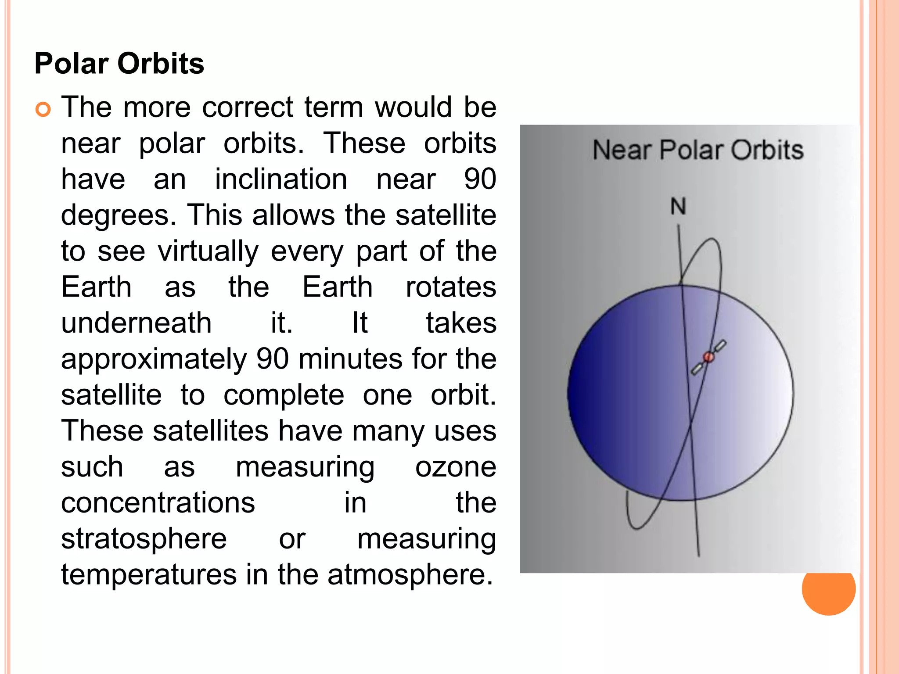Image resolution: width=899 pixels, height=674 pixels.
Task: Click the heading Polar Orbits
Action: tap(119, 64)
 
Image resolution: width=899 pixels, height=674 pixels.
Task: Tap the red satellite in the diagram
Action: tap(708, 357)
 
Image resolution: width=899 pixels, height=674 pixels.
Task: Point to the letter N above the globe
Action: tap(678, 206)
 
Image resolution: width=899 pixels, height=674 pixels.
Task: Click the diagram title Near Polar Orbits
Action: tap(698, 150)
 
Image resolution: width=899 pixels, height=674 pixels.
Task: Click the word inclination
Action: tap(281, 179)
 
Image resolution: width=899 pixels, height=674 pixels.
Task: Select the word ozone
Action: tap(455, 467)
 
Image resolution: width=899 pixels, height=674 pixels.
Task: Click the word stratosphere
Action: tap(144, 539)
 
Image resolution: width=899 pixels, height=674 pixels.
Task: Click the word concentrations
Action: tap(158, 503)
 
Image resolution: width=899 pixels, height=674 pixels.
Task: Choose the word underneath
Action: tap(136, 324)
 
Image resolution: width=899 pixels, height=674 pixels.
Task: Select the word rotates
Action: tap(451, 287)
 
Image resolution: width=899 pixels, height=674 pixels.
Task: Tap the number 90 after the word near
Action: tap(480, 179)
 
